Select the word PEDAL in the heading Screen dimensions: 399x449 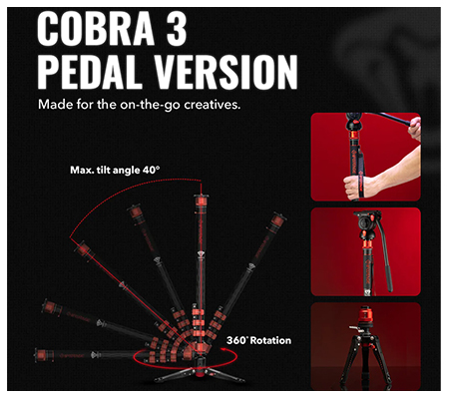click(x=99, y=75)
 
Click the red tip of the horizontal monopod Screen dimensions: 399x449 click(x=40, y=351)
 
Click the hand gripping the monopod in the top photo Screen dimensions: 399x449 click(x=351, y=186)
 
